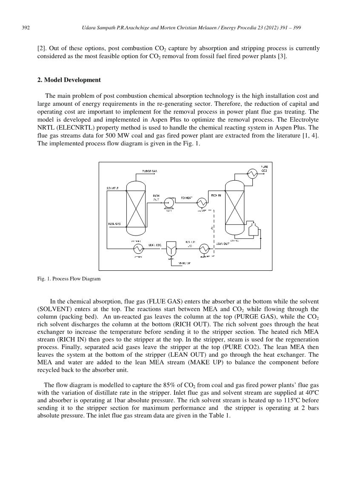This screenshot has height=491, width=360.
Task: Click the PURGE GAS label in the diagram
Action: tap(149, 171)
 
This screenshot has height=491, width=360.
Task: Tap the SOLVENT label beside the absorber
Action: tap(112, 187)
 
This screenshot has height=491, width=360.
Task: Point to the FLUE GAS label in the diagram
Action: tap(114, 223)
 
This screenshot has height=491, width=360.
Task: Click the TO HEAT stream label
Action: tap(187, 198)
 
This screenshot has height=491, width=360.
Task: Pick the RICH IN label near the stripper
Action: tap(216, 195)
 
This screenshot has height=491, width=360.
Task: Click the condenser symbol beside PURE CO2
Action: tap(252, 173)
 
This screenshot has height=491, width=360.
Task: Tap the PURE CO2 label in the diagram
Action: tap(264, 169)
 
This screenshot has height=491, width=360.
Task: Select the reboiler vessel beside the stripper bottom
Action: tap(254, 230)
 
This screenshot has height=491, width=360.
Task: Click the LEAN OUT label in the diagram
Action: tap(223, 244)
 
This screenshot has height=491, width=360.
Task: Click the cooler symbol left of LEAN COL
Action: tap(138, 248)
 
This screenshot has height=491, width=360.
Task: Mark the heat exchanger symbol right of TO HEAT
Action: tap(204, 203)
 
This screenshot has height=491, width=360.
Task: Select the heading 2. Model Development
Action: tap(69, 80)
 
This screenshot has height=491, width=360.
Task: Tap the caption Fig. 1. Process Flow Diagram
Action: tap(69, 279)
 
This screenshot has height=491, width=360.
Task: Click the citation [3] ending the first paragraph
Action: tap(283, 57)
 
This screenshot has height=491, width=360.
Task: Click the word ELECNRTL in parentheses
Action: tap(72, 127)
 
